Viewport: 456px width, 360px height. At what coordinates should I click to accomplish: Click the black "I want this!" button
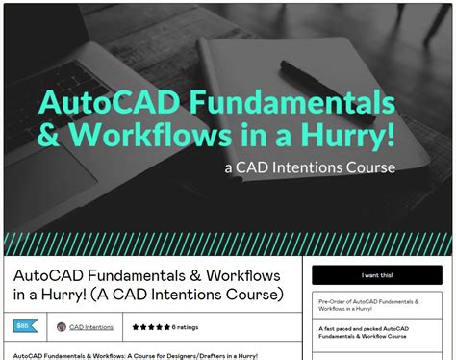(x=377, y=275)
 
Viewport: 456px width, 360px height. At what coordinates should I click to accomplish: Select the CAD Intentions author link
(x=91, y=327)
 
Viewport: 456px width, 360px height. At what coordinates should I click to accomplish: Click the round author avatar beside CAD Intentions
(x=62, y=327)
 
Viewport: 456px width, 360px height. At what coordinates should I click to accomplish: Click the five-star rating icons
(x=151, y=327)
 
